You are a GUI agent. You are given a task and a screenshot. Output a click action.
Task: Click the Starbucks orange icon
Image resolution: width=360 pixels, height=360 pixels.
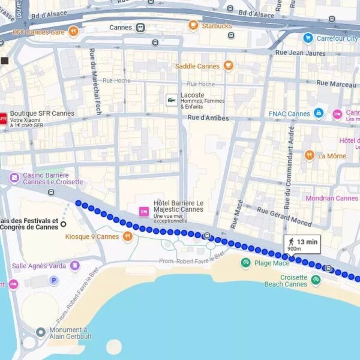pos(193,25)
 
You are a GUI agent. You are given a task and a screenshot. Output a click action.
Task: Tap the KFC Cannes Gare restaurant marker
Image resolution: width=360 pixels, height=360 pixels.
pos(73,31)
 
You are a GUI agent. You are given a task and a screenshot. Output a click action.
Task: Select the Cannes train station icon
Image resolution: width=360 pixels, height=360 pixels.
pos(140,28)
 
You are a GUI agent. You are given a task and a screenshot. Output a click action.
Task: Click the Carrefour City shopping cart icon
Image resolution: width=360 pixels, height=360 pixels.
pos(308,38)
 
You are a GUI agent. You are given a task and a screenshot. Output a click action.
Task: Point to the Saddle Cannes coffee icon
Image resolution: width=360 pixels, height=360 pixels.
pos(228,66)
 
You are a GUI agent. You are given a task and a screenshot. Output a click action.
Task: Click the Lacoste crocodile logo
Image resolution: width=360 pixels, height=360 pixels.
pos(172,100)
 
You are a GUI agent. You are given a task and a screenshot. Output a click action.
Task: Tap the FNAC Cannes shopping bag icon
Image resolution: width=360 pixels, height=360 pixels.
pos(319,113)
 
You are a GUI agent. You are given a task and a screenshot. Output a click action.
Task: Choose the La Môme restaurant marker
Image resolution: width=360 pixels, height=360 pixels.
pos(310,155)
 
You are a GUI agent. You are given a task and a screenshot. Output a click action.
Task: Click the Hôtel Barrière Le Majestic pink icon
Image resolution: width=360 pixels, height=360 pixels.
pos(144,211)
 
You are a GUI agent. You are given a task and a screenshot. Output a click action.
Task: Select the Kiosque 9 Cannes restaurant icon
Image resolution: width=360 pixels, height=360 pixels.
pos(127,236)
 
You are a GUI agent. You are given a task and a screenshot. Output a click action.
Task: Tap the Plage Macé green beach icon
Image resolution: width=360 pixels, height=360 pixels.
pos(245,263)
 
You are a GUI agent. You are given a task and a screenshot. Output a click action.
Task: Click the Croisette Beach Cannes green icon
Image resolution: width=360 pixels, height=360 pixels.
pos(316,280)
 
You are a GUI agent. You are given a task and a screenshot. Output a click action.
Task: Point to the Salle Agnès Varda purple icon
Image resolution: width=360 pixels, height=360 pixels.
pos(74,265)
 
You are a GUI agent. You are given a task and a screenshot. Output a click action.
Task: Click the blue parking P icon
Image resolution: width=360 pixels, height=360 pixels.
pos(54,280)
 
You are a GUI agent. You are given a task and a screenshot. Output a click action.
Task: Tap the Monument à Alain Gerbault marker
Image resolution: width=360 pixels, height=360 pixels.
pos(40,332)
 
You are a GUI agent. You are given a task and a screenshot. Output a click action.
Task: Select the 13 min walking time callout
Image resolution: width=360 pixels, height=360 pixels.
pos(303,244)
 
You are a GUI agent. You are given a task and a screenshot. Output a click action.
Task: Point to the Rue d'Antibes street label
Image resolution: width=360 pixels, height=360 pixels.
pos(208,118)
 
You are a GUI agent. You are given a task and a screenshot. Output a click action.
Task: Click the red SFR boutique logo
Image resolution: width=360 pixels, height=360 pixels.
pos(2,118)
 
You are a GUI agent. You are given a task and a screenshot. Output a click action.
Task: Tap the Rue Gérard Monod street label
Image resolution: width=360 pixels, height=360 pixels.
pos(284,217)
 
